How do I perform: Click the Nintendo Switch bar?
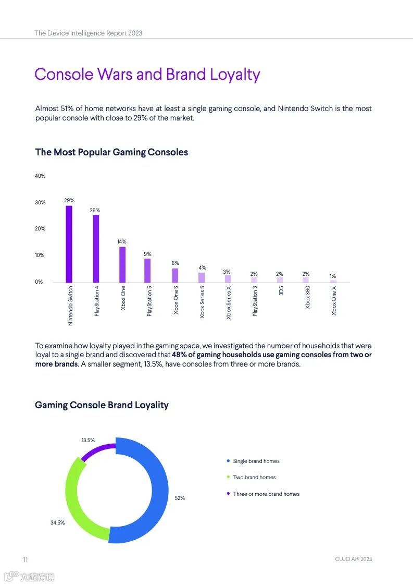69,244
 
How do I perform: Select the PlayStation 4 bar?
96,248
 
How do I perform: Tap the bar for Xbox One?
122,264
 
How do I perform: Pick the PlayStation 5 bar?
147,271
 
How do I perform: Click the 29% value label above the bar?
69,200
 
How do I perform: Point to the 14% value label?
122,241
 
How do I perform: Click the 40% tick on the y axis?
40,176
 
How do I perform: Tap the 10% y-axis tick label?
40,255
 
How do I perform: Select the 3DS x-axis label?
281,291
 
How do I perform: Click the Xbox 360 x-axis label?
307,297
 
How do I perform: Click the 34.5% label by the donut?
57,522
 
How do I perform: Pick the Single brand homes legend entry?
256,461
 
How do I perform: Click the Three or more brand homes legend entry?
266,494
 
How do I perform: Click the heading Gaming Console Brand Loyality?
102,405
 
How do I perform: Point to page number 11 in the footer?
25,559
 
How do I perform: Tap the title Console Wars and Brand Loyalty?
147,75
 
